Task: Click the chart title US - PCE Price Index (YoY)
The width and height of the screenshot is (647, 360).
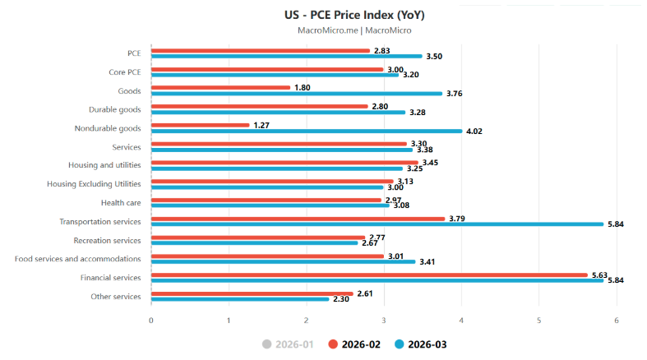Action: pos(354,16)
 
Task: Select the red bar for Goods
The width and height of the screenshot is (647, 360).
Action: pos(221,87)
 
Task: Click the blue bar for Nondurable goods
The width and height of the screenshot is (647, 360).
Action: pos(307,132)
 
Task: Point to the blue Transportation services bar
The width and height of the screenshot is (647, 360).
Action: pos(377,224)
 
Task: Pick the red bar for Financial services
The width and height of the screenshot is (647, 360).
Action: pos(370,275)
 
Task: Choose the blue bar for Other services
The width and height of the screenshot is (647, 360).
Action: pos(240,299)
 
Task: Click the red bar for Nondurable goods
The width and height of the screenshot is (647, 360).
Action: pos(201,125)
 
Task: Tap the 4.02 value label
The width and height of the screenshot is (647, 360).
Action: pos(474,132)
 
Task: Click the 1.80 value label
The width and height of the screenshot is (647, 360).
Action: pos(303,88)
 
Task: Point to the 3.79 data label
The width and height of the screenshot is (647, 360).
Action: pos(457,219)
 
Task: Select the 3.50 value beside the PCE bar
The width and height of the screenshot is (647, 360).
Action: pos(434,57)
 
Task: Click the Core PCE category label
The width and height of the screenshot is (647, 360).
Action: pos(125,72)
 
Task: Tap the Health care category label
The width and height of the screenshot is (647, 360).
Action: pos(121,203)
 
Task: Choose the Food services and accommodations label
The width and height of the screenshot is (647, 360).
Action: pos(77,259)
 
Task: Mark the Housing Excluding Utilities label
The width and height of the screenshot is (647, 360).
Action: pos(94,184)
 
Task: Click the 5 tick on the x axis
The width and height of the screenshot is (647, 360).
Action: pos(538,321)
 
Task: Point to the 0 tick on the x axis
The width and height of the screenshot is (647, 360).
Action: pos(151,321)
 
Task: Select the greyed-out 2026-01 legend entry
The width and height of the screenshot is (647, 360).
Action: pos(288,344)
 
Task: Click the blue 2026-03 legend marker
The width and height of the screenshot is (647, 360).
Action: pos(399,344)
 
